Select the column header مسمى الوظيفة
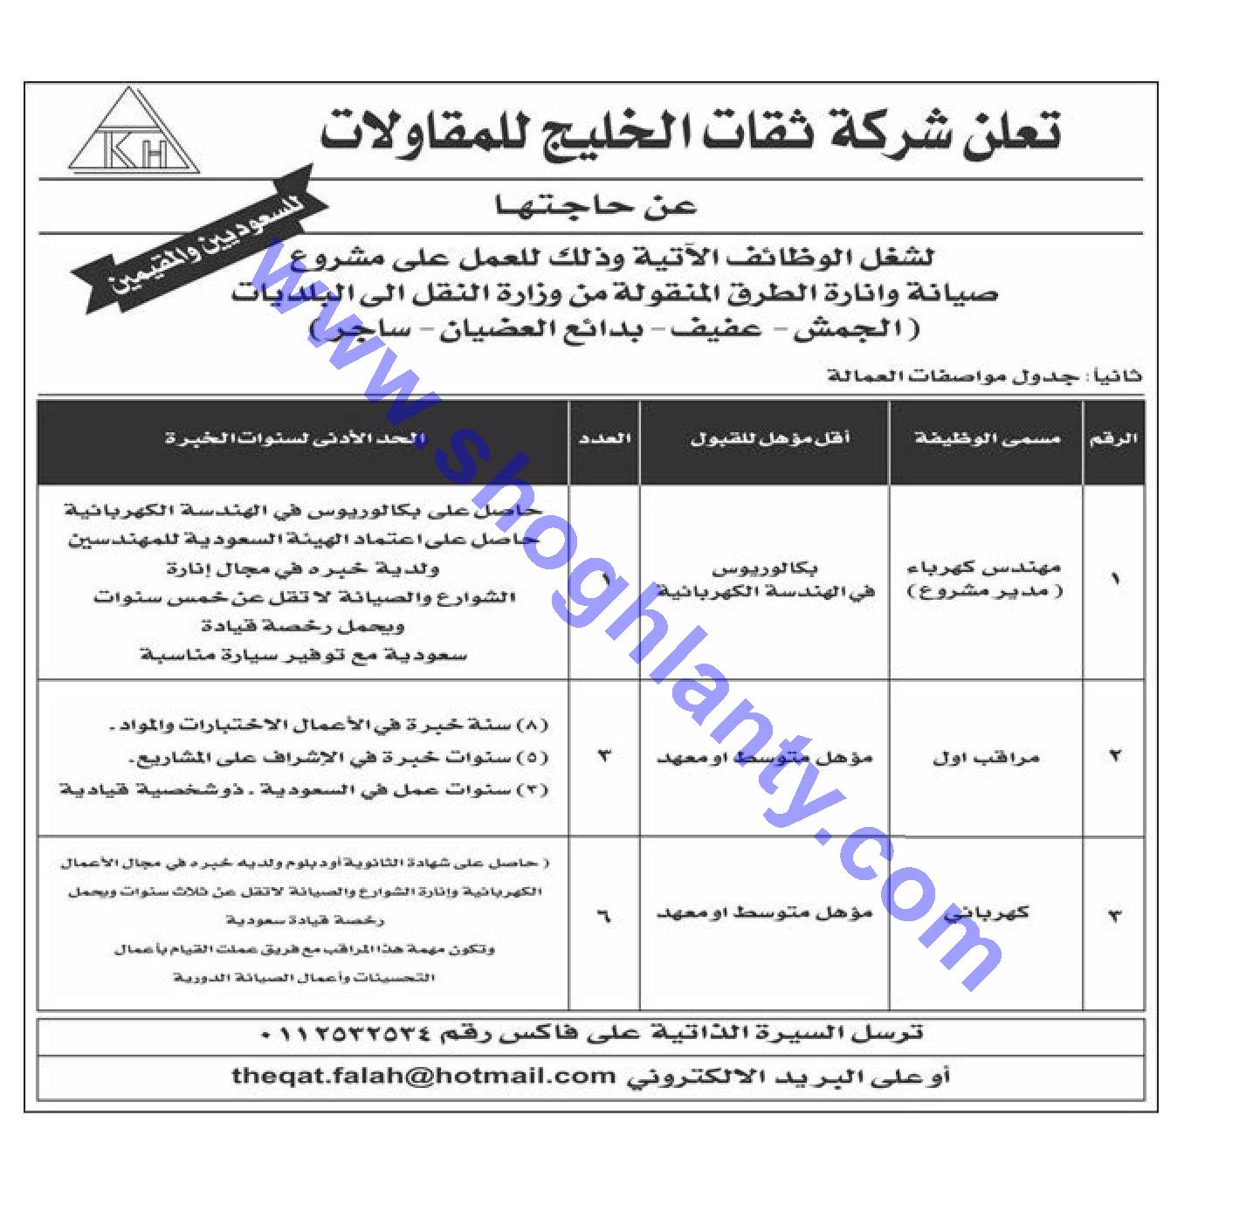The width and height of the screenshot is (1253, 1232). pyautogui.click(x=987, y=440)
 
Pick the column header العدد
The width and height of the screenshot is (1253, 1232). pyautogui.click(x=604, y=440)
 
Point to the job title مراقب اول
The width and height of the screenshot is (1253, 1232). pyautogui.click(x=986, y=758)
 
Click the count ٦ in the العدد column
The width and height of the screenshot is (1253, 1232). pyautogui.click(x=604, y=917)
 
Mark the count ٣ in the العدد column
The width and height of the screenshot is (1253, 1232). pyautogui.click(x=604, y=756)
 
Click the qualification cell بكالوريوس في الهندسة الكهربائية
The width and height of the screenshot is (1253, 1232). pyautogui.click(x=766, y=581)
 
